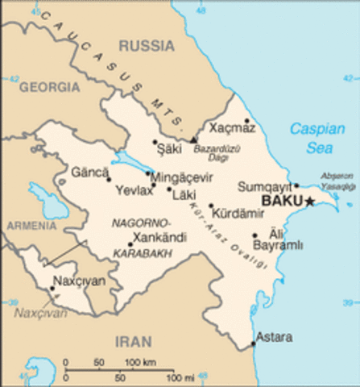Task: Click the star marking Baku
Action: coord(309,201)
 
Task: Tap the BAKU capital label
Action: coord(281,201)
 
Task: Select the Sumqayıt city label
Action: coord(264,186)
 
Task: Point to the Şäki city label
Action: coord(168,148)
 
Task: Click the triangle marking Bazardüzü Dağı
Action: coord(193,139)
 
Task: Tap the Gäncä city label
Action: coord(89,172)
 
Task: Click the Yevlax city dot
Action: coord(153,185)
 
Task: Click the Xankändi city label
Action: coord(161,238)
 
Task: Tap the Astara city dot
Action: coord(252,344)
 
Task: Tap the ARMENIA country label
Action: coord(31,227)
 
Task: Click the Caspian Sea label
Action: coord(317,138)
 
